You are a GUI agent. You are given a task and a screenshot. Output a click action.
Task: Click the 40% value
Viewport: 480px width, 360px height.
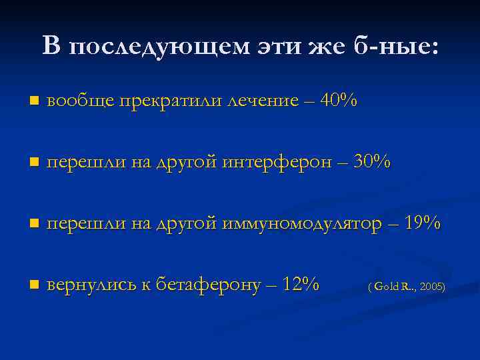(339, 101)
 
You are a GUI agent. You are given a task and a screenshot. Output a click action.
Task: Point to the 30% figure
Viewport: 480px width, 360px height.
(372, 162)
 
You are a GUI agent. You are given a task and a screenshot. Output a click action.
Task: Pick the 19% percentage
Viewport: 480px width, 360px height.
(422, 223)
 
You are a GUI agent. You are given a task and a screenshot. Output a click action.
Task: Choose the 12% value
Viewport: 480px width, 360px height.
(301, 285)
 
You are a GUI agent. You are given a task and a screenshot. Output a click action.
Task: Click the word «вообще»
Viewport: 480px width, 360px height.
(81, 101)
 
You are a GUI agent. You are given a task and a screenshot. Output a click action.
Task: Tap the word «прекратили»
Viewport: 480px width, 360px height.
(172, 101)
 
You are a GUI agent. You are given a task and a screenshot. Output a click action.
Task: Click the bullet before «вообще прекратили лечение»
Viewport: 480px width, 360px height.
(33, 101)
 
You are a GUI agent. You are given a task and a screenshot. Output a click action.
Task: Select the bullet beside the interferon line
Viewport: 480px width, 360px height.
(33, 163)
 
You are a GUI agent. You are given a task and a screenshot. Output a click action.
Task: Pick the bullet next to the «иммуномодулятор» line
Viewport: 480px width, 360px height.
(33, 224)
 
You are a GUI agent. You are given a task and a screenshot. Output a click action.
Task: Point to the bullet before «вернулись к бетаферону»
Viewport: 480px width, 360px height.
(33, 285)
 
